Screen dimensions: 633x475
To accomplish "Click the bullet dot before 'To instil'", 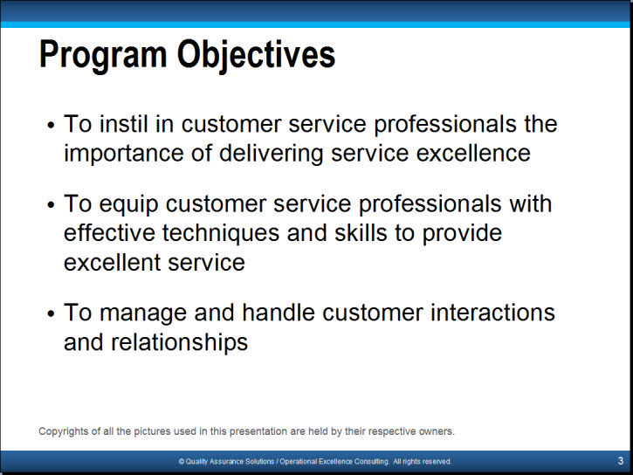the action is pyautogui.click(x=51, y=125).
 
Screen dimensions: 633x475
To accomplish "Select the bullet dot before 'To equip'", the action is pyautogui.click(x=51, y=204).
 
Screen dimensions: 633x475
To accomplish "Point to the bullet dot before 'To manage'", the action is pyautogui.click(x=51, y=313).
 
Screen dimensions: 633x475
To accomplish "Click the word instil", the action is pyautogui.click(x=123, y=123).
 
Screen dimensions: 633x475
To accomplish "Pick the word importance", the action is pyautogui.click(x=123, y=155).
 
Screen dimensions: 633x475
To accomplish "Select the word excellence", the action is pyautogui.click(x=473, y=154).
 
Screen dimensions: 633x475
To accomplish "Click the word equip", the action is pyautogui.click(x=128, y=204).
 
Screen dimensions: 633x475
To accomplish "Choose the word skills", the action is pyautogui.click(x=361, y=233).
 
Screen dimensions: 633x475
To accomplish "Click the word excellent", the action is pyautogui.click(x=113, y=263).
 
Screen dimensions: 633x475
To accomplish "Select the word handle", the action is pyautogui.click(x=279, y=313).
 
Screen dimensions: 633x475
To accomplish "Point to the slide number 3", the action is pyautogui.click(x=621, y=461).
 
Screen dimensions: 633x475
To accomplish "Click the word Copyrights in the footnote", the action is pyautogui.click(x=64, y=432).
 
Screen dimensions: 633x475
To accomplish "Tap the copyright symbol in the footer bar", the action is pyautogui.click(x=182, y=461).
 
